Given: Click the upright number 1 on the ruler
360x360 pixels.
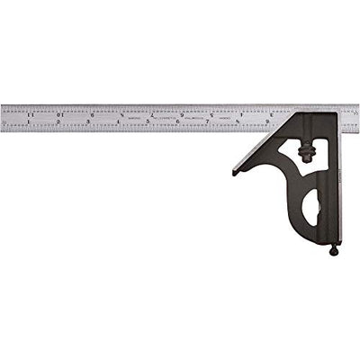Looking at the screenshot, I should click(30, 123).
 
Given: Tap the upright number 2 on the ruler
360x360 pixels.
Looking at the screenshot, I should click(59, 123).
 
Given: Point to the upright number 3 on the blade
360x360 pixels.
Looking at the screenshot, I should click(89, 123).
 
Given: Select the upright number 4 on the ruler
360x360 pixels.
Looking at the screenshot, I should click(119, 123).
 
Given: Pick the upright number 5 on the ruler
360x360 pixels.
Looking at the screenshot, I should click(148, 123).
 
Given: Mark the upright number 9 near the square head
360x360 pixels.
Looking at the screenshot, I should click(266, 123).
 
